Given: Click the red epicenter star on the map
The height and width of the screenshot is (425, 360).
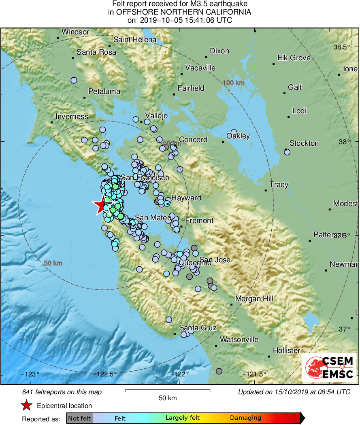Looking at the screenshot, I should coord(100,206).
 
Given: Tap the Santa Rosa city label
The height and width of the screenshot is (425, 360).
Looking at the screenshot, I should coord(96,52).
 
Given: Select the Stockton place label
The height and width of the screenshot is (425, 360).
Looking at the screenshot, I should coord(304,143).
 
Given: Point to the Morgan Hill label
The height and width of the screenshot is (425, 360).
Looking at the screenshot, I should coord(254,299).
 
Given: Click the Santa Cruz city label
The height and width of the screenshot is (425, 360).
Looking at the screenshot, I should coord(198,328).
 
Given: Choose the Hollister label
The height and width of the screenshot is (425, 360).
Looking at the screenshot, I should coord(286,351).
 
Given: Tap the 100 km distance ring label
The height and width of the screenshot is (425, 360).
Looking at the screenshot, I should coord(234,83).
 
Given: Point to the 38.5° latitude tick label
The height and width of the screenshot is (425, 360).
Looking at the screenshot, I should coord(342,47).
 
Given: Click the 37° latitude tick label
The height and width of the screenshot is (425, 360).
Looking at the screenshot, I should coord(344,328).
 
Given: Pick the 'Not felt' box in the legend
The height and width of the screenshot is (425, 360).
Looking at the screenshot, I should coord(79,418).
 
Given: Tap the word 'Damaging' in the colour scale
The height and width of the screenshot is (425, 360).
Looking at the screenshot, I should coord(245,418).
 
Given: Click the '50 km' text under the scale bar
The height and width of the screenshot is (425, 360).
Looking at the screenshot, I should coord(168,398).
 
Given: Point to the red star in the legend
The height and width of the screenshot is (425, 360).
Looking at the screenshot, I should coord(26,405).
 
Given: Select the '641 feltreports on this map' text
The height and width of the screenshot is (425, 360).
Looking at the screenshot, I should coord(62,392).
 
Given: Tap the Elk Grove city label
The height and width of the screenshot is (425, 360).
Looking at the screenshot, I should coord(294,58).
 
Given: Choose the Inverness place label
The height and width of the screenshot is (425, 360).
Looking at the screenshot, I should coord(72,117).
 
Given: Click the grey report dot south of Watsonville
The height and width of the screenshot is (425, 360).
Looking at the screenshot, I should coord(219,371).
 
